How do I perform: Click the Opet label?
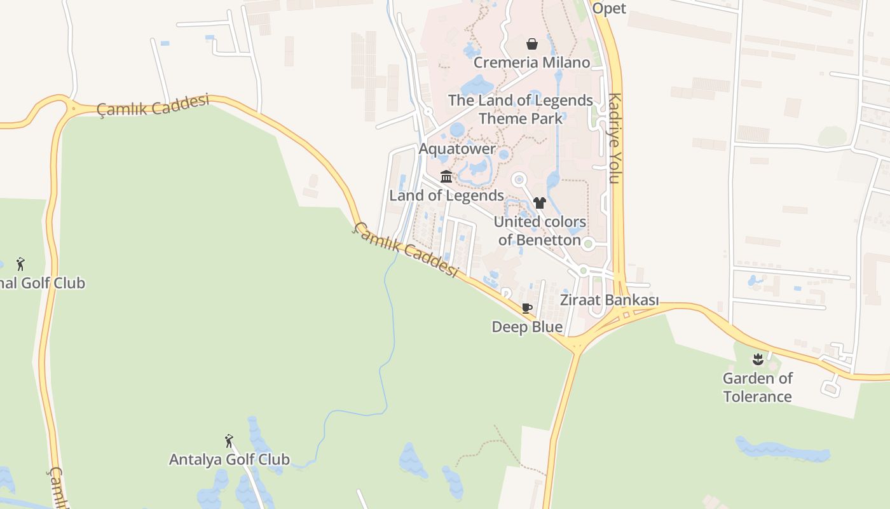[x=609, y=8]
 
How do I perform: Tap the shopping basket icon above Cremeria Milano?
[x=532, y=44]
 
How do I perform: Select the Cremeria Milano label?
[x=531, y=62]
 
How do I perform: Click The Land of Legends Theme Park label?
[x=521, y=109]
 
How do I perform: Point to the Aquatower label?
[x=457, y=149]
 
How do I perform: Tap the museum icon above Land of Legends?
[x=446, y=176]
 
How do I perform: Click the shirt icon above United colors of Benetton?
[x=540, y=203]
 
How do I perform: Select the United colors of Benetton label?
[x=540, y=231]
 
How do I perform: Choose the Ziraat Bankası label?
[x=609, y=300]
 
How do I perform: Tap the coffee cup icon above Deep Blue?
[x=526, y=309]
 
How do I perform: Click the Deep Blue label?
[x=527, y=327]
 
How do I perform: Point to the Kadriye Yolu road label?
[x=614, y=138]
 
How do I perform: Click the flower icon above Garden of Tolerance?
[x=757, y=359]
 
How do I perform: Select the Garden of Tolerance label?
[x=757, y=387]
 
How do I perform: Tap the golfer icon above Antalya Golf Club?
[x=229, y=440]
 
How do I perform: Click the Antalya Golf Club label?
[x=229, y=459]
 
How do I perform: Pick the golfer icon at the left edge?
[x=20, y=264]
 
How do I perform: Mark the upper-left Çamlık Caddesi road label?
[x=153, y=106]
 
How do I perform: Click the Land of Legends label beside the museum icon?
[x=446, y=195]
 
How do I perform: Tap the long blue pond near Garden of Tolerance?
[x=783, y=450]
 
